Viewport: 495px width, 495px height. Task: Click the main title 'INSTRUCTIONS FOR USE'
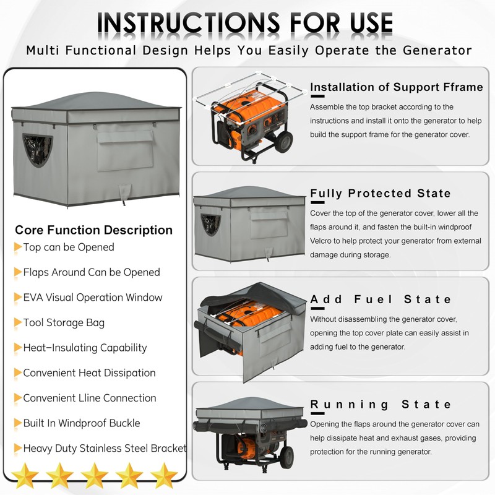tap(246, 23)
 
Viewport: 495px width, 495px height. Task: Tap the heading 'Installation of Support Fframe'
tap(396, 87)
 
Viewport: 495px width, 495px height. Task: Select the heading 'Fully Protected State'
tap(381, 194)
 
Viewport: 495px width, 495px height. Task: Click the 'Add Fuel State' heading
tap(381, 299)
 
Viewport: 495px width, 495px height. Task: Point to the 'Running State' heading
tap(381, 405)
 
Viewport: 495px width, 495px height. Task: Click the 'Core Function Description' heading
tap(93, 230)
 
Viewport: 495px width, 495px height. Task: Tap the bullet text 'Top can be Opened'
tap(69, 247)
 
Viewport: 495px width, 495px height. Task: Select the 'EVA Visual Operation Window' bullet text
tap(93, 298)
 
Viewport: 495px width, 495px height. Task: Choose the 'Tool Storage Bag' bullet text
tap(64, 323)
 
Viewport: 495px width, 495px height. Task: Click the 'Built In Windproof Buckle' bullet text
tap(82, 423)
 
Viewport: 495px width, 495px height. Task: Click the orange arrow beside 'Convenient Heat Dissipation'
tap(18, 373)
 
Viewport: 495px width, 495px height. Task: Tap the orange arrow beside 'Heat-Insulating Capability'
tap(18, 348)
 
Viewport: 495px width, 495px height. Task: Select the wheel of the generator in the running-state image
tap(286, 457)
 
